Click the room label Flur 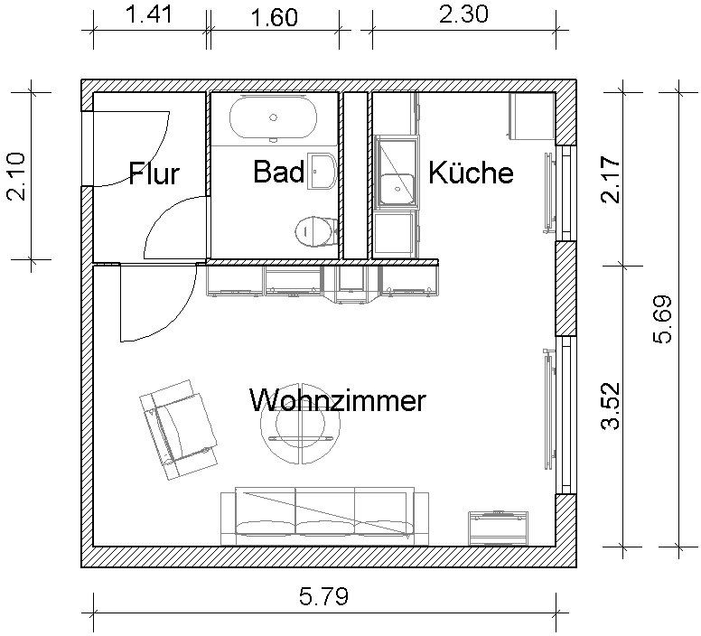pyautogui.click(x=154, y=173)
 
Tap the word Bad pyautogui.click(x=277, y=172)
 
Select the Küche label pyautogui.click(x=471, y=172)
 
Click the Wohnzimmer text pyautogui.click(x=336, y=400)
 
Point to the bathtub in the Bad pyautogui.click(x=273, y=117)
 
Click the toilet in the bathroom pyautogui.click(x=311, y=231)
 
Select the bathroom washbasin pyautogui.click(x=322, y=171)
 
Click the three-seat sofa pyautogui.click(x=323, y=516)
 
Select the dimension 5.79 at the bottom pyautogui.click(x=323, y=596)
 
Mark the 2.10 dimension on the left pyautogui.click(x=17, y=176)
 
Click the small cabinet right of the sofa pyautogui.click(x=496, y=526)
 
